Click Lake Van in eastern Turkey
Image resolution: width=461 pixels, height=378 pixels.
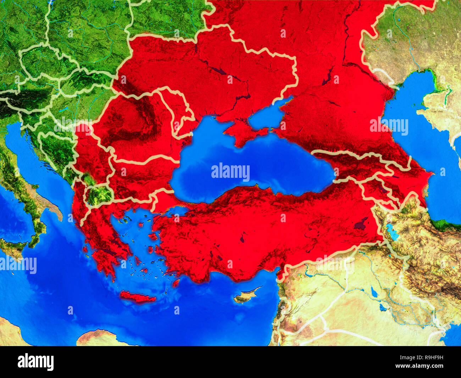[x=362, y=223]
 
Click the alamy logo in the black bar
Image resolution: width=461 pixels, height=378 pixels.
[x=35, y=362]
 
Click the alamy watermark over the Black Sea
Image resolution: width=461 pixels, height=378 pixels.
[x=230, y=171]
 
